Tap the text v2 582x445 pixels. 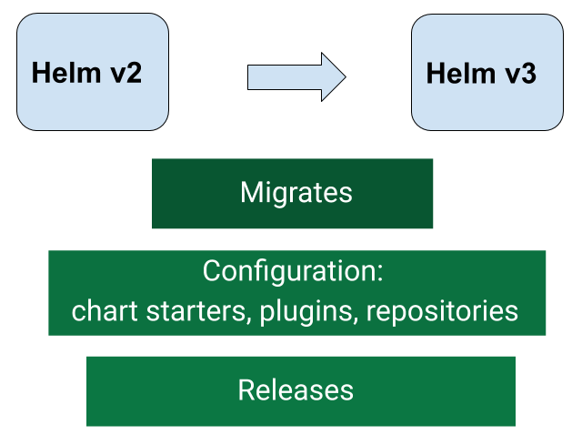pos(124,73)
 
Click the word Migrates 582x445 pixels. pos(296,193)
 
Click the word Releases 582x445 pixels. pos(296,390)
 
